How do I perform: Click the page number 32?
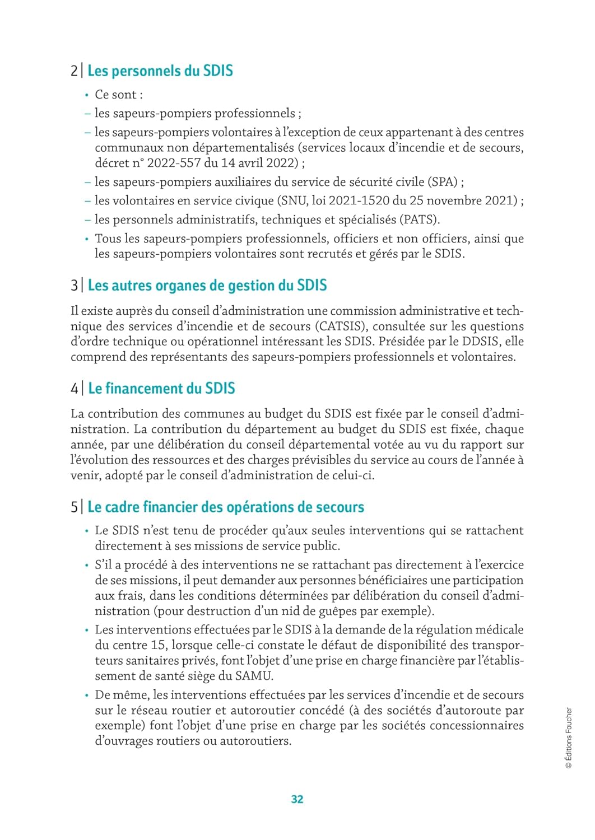297,799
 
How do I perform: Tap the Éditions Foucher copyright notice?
569,738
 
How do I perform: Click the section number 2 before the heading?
74,71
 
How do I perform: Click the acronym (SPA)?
443,182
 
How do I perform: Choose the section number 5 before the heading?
74,507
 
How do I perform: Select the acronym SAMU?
253,676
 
